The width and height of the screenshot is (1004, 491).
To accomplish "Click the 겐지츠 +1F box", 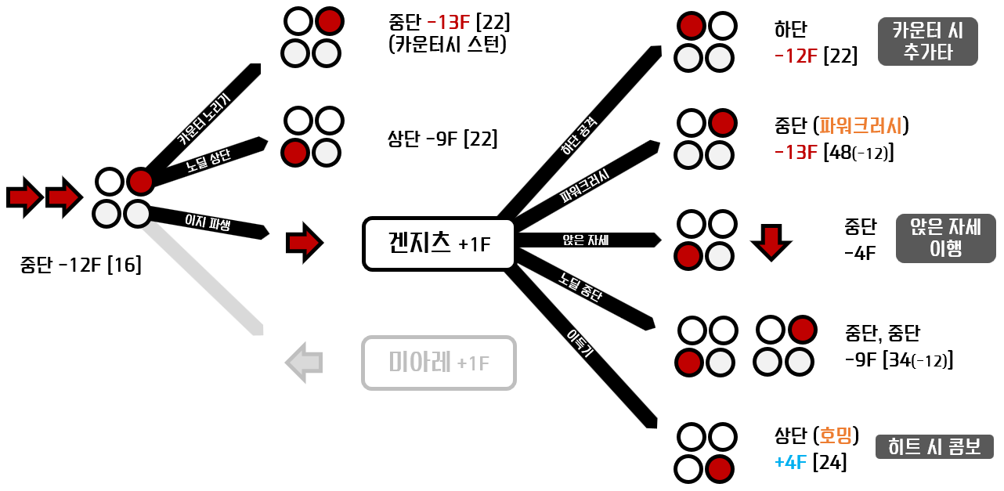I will (x=439, y=244).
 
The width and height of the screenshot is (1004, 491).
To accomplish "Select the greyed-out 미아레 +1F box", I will (x=439, y=363).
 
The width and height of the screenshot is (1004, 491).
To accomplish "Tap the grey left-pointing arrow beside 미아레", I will (x=304, y=362).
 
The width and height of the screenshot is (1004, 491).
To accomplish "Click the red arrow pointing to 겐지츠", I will (x=304, y=243).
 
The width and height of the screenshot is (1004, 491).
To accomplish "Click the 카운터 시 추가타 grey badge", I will (x=927, y=42).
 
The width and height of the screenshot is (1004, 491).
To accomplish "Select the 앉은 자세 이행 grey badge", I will (x=945, y=238).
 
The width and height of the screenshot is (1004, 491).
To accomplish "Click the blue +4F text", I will (x=790, y=463).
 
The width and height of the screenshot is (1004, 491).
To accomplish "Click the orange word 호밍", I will (x=836, y=435).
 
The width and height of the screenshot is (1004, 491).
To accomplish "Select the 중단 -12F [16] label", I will (x=81, y=265).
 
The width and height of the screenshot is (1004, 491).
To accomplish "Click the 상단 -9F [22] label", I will (x=442, y=139).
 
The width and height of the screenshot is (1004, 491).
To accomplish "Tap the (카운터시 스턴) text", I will (x=447, y=44).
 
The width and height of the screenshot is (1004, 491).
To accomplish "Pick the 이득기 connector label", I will (x=580, y=345).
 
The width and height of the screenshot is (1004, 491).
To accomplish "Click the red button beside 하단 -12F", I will (x=692, y=27).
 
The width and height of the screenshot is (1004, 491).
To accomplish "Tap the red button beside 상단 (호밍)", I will (x=720, y=469).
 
